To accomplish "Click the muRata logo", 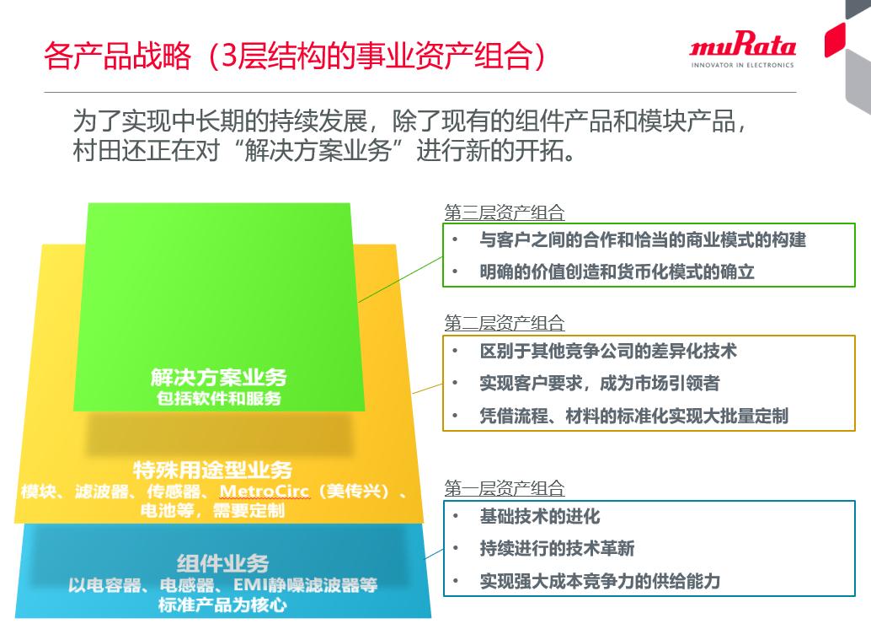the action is (743, 49).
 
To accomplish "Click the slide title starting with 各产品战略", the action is (295, 56).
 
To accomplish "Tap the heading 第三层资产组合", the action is (505, 212).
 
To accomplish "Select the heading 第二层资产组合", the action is (505, 323).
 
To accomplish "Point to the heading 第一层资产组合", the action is (505, 488).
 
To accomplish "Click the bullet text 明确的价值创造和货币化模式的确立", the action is (617, 271).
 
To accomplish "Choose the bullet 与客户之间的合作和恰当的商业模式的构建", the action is (643, 239).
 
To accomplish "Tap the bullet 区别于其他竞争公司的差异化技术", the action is (608, 351).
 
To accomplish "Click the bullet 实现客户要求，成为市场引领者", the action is (600, 383).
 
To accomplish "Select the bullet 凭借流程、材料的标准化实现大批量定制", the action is (633, 416).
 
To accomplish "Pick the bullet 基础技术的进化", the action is (540, 516).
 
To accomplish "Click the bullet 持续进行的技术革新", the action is (557, 548).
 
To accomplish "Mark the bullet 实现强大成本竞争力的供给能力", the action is (600, 581).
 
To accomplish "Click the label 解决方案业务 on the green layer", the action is (218, 378).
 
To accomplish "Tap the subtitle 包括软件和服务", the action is (219, 398).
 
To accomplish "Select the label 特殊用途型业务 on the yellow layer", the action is (212, 470).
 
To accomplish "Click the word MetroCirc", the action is (264, 491).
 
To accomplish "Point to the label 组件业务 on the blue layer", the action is (222, 564).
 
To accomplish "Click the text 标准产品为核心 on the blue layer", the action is (222, 605).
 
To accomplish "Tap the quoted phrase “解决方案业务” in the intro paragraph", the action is (319, 151).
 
